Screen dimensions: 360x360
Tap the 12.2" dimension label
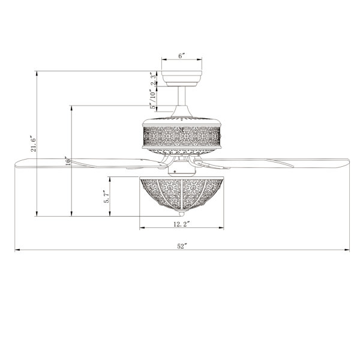pyautogui.click(x=182, y=224)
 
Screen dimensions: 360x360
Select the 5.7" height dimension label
pyautogui.click(x=106, y=197)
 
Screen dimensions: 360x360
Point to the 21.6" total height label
pyautogui.click(x=34, y=144)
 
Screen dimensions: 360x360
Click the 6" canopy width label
pyautogui.click(x=182, y=56)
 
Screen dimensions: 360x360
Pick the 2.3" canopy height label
pyautogui.click(x=154, y=79)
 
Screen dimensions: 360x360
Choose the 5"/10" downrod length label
pyautogui.click(x=153, y=99)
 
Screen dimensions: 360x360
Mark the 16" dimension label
pyautogui.click(x=67, y=161)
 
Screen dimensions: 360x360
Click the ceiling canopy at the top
pyautogui.click(x=182, y=79)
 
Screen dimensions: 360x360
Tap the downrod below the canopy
pyautogui.click(x=182, y=96)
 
